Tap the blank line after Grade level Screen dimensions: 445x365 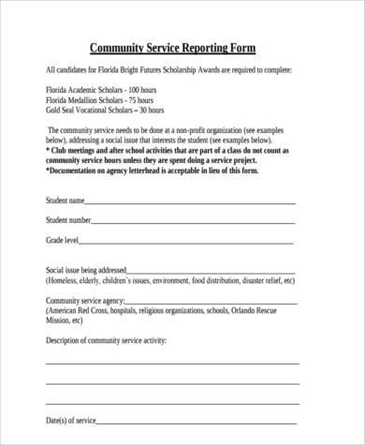(187, 243)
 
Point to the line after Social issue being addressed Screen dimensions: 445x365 (215, 271)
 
